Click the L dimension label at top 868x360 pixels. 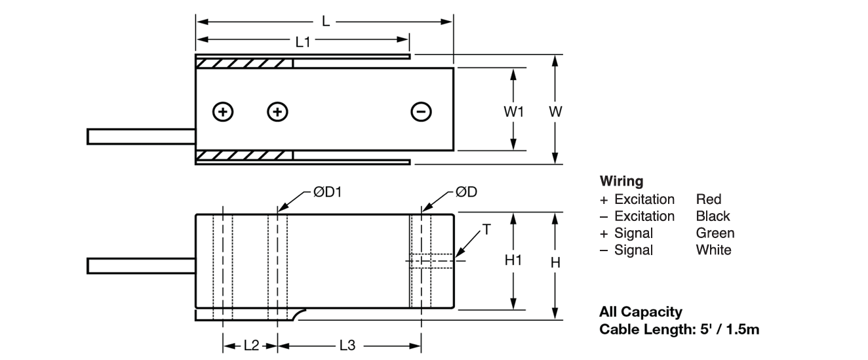(326, 22)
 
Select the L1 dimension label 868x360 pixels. (303, 42)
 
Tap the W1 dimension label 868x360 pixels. (514, 111)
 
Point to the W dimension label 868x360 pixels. (555, 111)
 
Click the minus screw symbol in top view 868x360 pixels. (420, 112)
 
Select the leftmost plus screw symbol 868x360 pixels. (224, 112)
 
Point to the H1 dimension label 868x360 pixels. (513, 261)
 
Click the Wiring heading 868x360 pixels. (621, 181)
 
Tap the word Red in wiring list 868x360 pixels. (708, 199)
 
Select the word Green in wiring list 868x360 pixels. (715, 233)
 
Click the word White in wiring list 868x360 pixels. (713, 250)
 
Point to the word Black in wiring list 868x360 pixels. (713, 216)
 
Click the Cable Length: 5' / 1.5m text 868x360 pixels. (679, 329)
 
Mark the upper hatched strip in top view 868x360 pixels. (245, 64)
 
